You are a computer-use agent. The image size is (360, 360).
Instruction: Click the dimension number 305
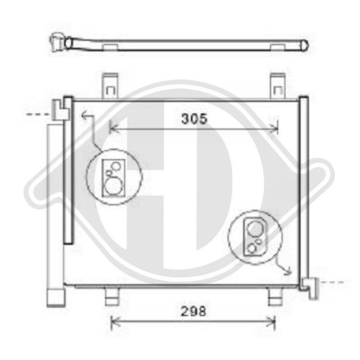[194, 119]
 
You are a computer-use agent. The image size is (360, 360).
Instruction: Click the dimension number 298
[194, 311]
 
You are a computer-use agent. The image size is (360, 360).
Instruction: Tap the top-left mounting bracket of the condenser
[111, 85]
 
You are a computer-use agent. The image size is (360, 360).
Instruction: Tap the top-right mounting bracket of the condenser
[278, 85]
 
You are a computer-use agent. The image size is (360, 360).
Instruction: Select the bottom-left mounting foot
[111, 297]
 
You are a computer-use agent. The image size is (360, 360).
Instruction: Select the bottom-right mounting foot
[274, 297]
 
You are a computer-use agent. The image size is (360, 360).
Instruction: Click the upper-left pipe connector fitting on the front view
[60, 109]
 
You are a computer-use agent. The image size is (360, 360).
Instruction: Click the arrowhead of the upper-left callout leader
[84, 116]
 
